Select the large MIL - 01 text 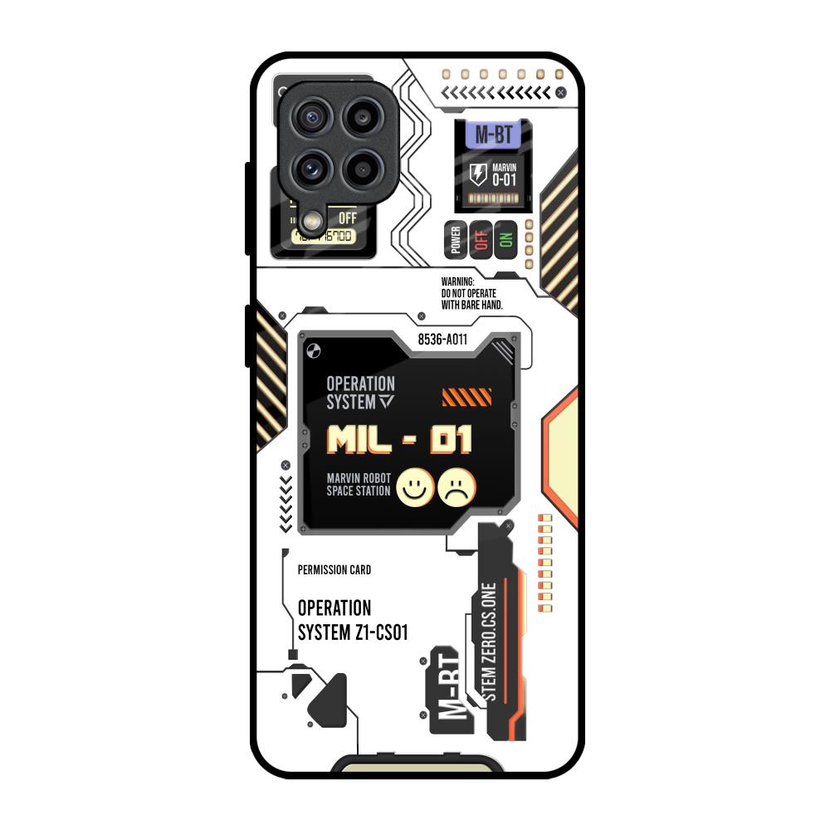(399, 440)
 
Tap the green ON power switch (505, 240)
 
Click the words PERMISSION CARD (334, 570)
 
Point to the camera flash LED (313, 221)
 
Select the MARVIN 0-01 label (505, 174)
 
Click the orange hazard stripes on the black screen (466, 397)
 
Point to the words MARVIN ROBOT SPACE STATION (358, 485)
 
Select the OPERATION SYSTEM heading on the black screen (360, 393)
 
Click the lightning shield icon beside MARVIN (479, 174)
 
